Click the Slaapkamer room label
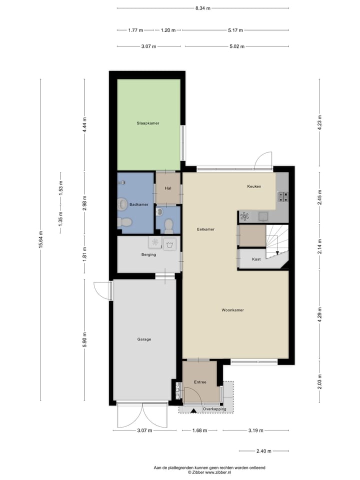tap(148, 122)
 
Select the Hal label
tap(168, 188)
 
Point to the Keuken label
tap(254, 186)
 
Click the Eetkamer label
tap(206, 229)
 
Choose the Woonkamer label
tap(232, 310)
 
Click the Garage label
tap(144, 339)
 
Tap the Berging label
tap(148, 254)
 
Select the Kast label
tap(256, 259)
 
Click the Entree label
tap(200, 382)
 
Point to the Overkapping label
tap(214, 409)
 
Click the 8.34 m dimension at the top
tap(202, 8)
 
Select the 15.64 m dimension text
tap(41, 239)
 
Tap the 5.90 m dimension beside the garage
tap(85, 340)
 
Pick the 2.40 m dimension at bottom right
tap(263, 451)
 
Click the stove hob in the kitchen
tap(283, 196)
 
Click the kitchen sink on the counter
tap(263, 216)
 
